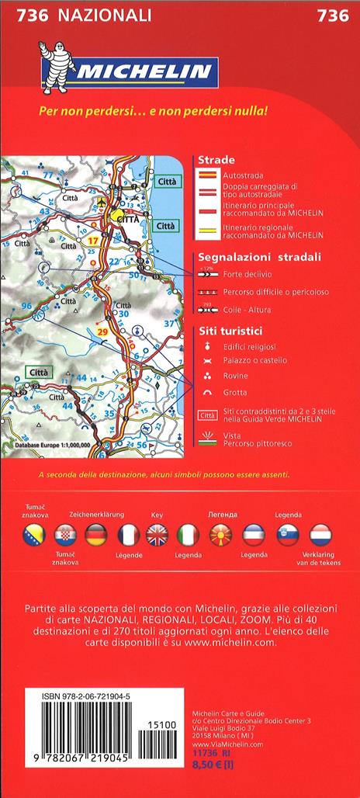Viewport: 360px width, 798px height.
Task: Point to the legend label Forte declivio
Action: pyautogui.click(x=247, y=274)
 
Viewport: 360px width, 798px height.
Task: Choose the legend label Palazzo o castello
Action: pyautogui.click(x=254, y=360)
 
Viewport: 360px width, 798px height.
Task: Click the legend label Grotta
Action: pyautogui.click(x=235, y=392)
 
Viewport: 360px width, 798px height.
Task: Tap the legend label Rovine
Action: pyautogui.click(x=235, y=376)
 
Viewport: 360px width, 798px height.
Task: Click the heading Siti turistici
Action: pyautogui.click(x=230, y=330)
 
